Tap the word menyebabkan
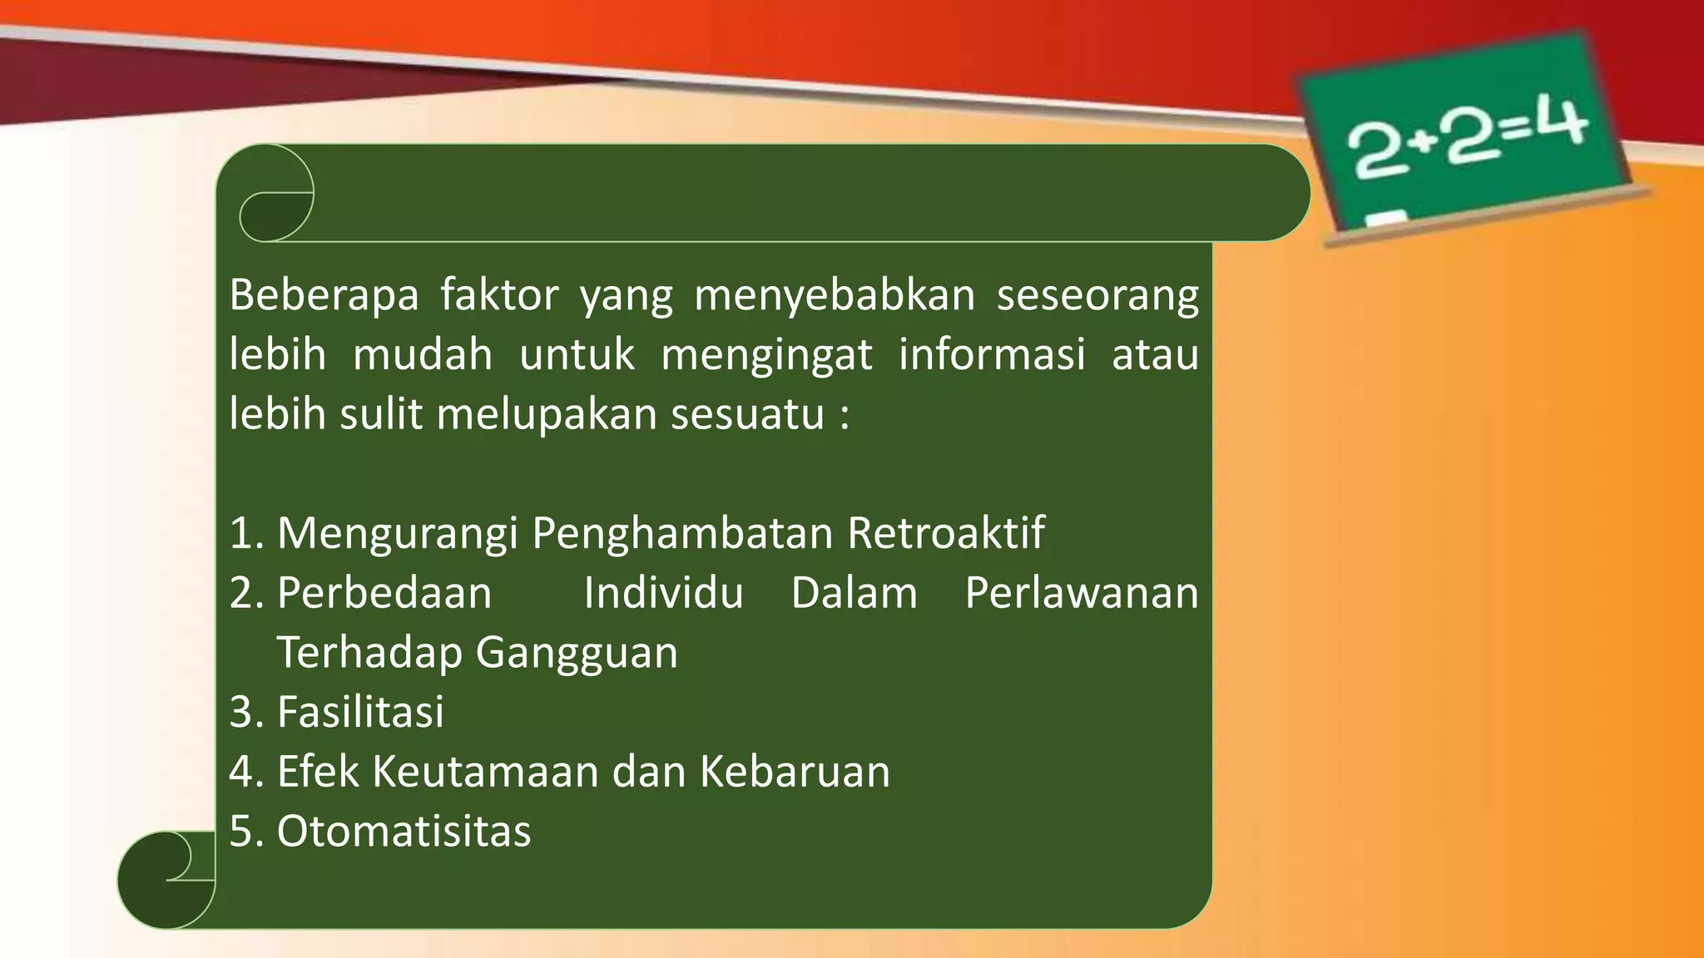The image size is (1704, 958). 835,295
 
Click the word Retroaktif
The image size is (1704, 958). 946,532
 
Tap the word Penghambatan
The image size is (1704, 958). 682,534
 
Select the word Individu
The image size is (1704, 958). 663,593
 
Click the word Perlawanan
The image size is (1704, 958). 1082,593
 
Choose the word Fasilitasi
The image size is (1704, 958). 360,712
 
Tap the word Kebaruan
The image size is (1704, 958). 795,771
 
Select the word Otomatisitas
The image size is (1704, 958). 404,831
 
